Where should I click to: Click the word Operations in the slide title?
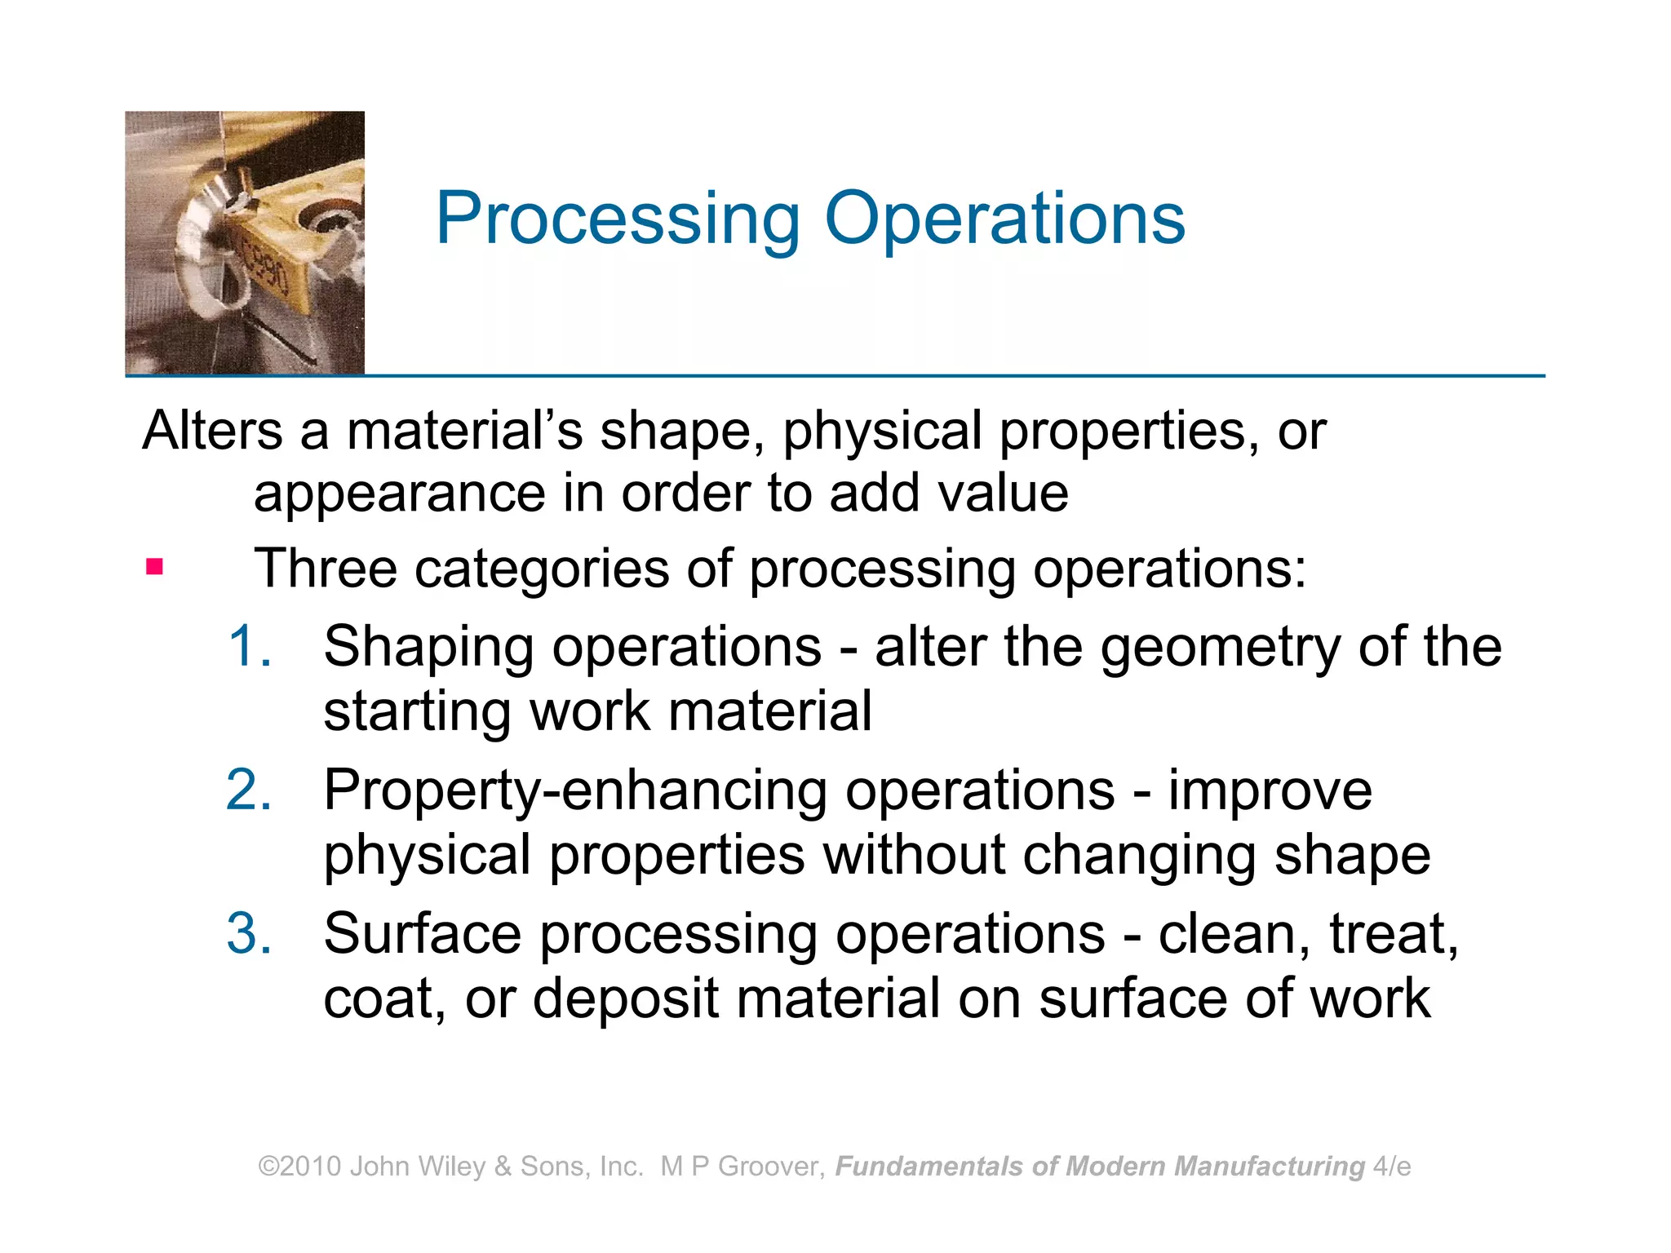(x=1004, y=219)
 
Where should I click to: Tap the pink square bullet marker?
(x=154, y=566)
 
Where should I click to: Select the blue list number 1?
(x=250, y=646)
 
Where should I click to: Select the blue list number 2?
(x=249, y=790)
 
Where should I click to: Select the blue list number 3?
(x=249, y=933)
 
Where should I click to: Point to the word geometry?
(x=1220, y=648)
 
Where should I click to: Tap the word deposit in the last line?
(x=626, y=998)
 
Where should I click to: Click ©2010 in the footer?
(x=299, y=1167)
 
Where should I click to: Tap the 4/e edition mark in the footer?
(x=1392, y=1167)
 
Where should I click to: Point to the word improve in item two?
(x=1270, y=791)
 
